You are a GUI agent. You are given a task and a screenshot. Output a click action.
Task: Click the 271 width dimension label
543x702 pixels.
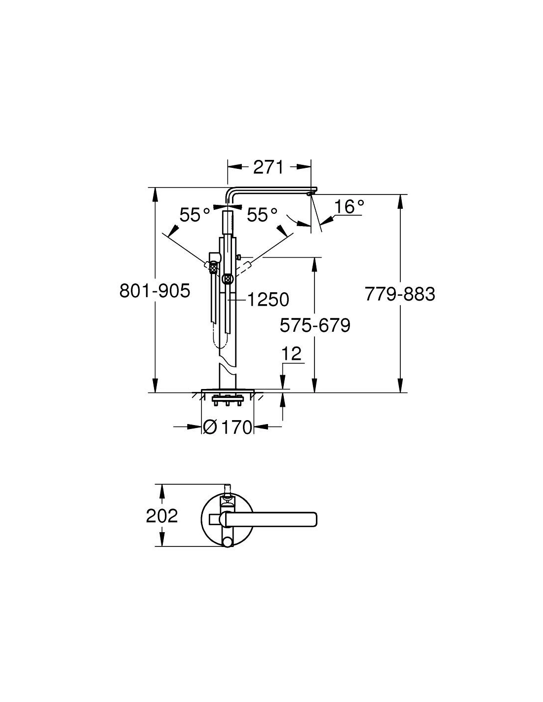coord(268,167)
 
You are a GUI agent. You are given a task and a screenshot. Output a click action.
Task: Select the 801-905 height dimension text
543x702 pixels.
coord(155,291)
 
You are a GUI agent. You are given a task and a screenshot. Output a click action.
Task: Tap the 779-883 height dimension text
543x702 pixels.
coord(400,294)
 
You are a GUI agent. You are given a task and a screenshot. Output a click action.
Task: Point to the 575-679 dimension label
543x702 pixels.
coord(315,325)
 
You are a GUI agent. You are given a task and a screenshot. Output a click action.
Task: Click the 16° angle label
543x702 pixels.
coord(349,206)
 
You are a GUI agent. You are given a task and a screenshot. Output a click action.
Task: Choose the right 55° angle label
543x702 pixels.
coord(262,215)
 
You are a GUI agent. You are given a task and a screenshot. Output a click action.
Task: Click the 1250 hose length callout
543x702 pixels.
coord(268,300)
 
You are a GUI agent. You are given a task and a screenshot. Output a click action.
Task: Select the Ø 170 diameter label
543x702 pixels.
coord(227,428)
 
